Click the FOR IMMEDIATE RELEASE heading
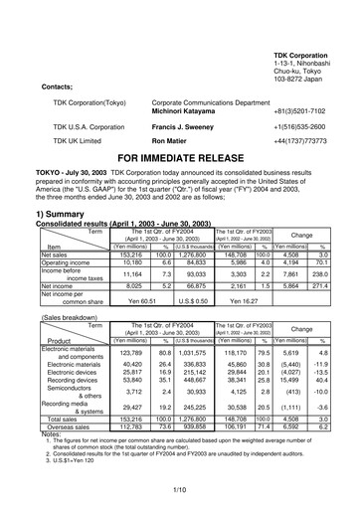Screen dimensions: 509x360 [x=179, y=158]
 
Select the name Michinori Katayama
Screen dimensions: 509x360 [x=191, y=116]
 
